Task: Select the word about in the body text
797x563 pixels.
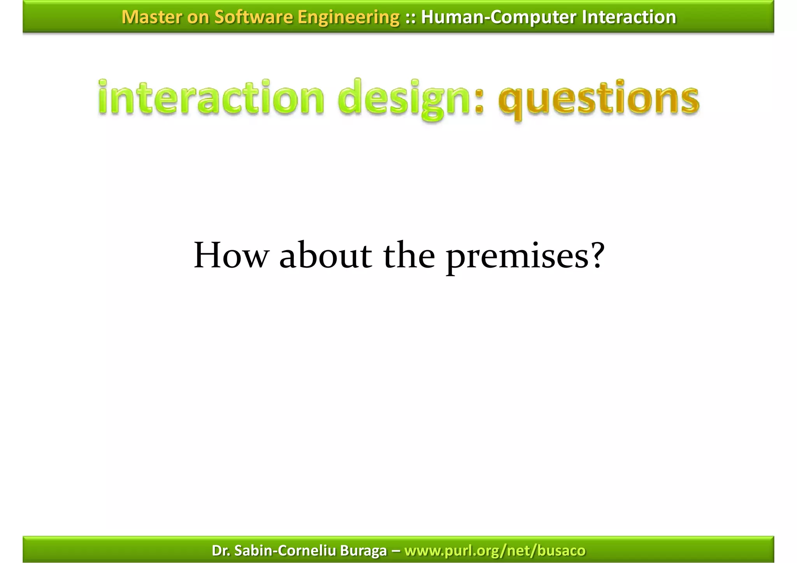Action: pyautogui.click(x=325, y=255)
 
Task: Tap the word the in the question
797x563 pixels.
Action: pyautogui.click(x=409, y=255)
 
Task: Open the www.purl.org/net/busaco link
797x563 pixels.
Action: pyautogui.click(x=495, y=551)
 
